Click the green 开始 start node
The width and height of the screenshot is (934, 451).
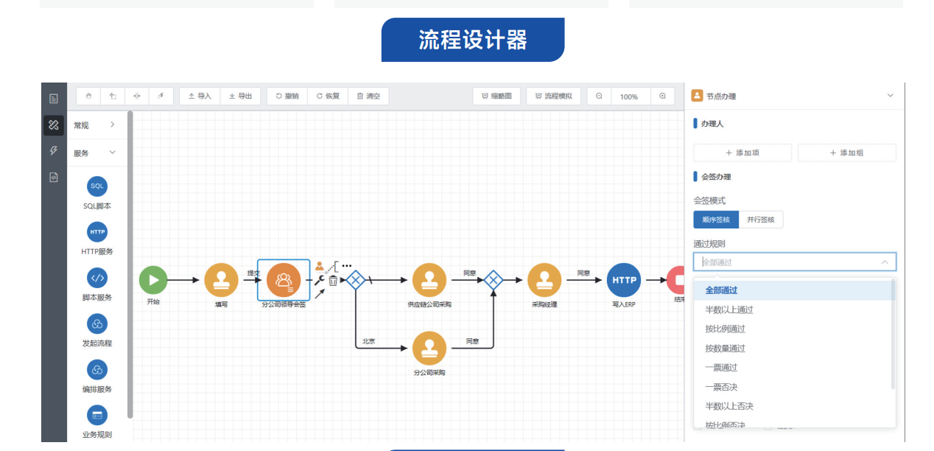[x=153, y=280]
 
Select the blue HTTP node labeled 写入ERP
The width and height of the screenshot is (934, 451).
[x=624, y=280]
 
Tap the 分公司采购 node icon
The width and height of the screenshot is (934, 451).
[x=429, y=348]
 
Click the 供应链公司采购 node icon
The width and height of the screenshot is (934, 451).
[x=429, y=280]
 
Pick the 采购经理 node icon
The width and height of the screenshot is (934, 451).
[x=544, y=280]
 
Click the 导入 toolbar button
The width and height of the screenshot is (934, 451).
[x=200, y=96]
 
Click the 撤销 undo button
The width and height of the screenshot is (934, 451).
[x=287, y=96]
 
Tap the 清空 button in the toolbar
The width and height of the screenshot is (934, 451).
[x=368, y=96]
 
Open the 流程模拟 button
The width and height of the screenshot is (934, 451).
[x=553, y=96]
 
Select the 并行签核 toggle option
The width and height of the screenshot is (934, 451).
[x=760, y=220]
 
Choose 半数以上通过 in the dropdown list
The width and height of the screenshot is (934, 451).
[x=729, y=310]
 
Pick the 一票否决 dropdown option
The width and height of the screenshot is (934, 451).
[x=721, y=387]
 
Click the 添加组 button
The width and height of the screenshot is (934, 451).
[x=846, y=153]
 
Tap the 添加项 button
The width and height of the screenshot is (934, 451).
[x=742, y=153]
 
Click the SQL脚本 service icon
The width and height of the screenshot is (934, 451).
[x=97, y=186]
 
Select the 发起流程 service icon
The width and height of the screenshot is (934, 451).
[x=97, y=324]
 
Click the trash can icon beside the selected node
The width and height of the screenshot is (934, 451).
[x=333, y=281]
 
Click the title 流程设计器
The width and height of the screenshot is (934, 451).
[x=473, y=40]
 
